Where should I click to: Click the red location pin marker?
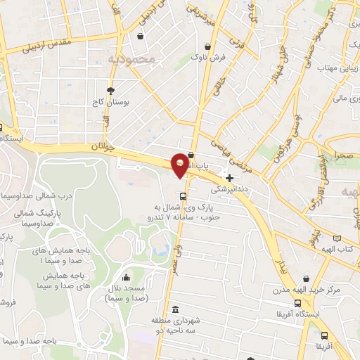pyautogui.click(x=180, y=165)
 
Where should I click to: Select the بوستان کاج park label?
pyautogui.click(x=111, y=103)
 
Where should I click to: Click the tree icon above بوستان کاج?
pyautogui.click(x=110, y=91)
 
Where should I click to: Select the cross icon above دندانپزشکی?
pyautogui.click(x=230, y=177)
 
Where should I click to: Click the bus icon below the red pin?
pyautogui.click(x=184, y=196)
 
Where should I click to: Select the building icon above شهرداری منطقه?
pyautogui.click(x=174, y=309)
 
